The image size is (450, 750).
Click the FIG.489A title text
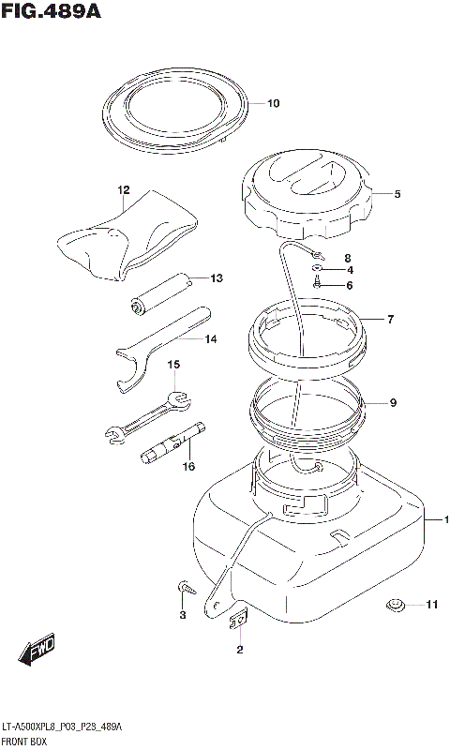[52, 11]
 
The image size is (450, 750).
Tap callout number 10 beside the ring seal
[273, 103]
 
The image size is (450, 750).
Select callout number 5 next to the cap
[397, 194]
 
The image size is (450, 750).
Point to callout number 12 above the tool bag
[124, 190]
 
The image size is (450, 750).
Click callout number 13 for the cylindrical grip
[217, 277]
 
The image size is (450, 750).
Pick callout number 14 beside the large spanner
[211, 339]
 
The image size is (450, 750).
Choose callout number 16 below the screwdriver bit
[189, 466]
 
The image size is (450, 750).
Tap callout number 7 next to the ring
[391, 320]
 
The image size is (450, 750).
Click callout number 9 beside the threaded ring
[393, 403]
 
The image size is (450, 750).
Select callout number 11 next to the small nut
[432, 605]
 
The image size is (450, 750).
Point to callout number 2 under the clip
[240, 650]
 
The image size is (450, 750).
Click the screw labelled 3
[187, 587]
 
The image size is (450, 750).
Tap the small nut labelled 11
[395, 605]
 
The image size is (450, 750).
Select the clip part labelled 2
[238, 620]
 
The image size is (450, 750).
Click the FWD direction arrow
[37, 650]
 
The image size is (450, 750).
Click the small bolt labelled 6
[316, 283]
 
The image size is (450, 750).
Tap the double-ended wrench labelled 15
[147, 416]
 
